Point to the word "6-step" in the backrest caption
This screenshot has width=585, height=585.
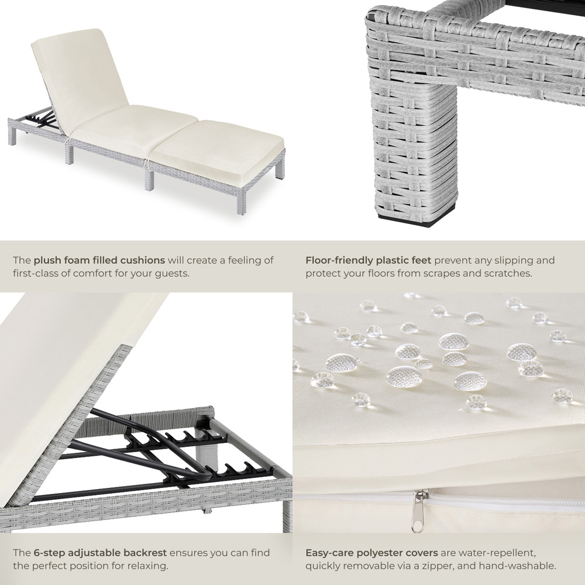pyautogui.click(x=48, y=553)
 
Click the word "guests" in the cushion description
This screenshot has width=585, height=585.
pyautogui.click(x=171, y=273)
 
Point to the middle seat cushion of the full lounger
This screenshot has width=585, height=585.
pyautogui.click(x=135, y=126)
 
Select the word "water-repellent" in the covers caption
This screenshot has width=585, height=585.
pyautogui.click(x=500, y=553)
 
